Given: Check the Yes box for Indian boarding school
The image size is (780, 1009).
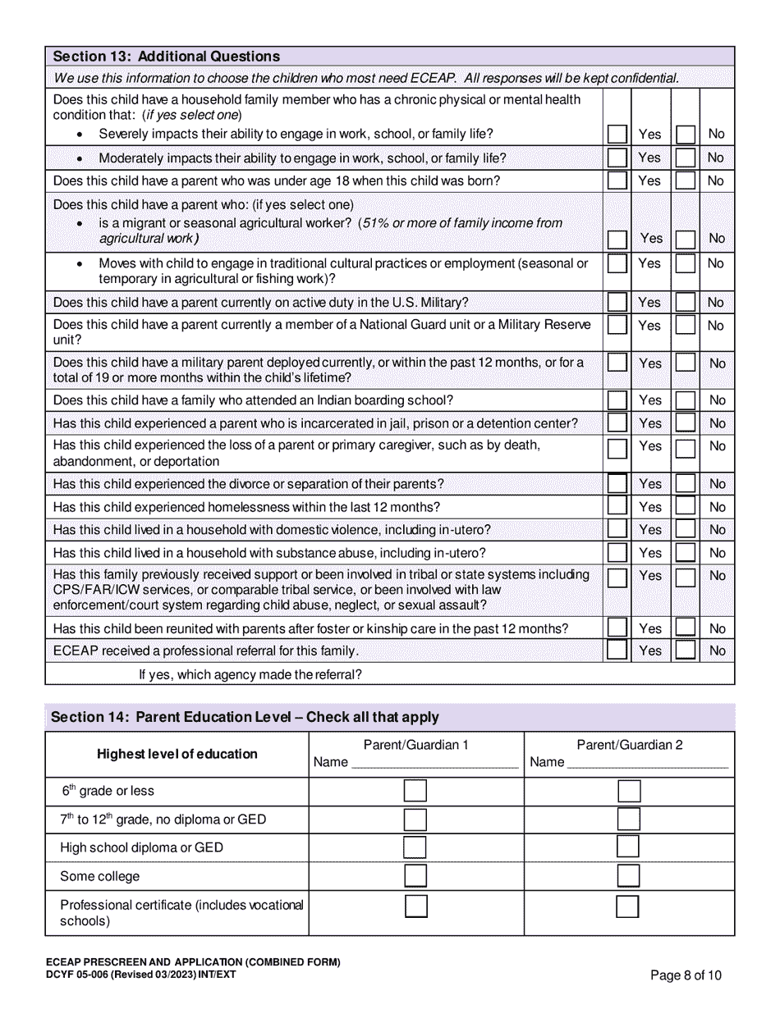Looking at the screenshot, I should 617,400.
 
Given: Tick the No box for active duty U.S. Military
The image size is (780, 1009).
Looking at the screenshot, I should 685,302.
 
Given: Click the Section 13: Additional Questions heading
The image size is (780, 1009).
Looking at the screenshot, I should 167,57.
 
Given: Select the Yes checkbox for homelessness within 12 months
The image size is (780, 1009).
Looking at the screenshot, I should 617,507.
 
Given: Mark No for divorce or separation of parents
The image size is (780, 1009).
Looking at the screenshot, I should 685,484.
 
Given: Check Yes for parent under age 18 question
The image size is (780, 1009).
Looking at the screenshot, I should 617,180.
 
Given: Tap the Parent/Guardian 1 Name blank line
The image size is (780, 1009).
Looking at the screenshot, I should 434,763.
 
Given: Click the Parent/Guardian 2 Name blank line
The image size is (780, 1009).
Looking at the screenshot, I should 648,763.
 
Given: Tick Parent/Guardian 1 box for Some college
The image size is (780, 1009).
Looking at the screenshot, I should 415,876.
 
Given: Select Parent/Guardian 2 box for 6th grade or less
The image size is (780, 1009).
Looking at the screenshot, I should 629,792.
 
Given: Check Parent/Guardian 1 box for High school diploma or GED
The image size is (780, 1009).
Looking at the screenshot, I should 415,847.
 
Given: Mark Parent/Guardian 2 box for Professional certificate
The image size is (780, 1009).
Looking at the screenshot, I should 628,906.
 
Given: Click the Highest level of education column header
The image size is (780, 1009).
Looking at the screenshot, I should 177,754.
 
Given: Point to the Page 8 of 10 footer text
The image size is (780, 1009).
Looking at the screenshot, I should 686,975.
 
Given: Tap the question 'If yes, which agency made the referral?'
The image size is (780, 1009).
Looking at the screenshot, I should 250,674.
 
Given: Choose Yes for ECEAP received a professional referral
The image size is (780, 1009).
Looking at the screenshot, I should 617,651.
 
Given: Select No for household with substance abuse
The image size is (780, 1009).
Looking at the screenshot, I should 685,553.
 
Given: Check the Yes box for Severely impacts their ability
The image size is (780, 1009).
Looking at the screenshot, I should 617,134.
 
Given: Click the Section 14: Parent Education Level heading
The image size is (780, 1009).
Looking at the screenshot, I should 245,717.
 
